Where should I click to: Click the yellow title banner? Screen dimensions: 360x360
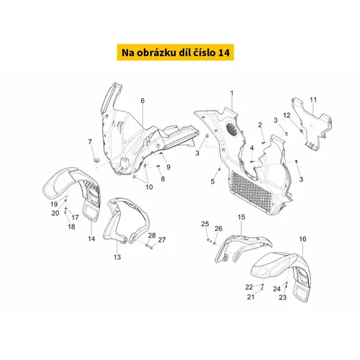[x=175, y=52]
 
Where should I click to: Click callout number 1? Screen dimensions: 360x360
[x=232, y=93]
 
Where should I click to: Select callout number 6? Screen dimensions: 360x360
[x=143, y=101]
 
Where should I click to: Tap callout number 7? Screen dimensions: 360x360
[x=90, y=142]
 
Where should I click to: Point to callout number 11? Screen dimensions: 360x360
[x=313, y=99]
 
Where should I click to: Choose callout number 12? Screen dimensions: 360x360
[x=287, y=115]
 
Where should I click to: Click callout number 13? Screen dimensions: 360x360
[x=117, y=257]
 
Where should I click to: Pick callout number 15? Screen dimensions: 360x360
[x=241, y=217]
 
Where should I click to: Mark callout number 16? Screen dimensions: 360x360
[x=302, y=239]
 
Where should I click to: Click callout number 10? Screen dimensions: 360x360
[x=149, y=186]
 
